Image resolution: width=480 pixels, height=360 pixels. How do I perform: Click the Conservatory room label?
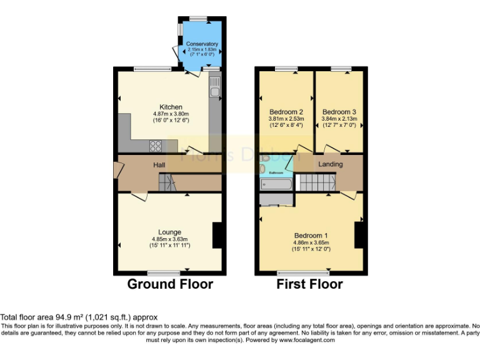(x=202, y=44)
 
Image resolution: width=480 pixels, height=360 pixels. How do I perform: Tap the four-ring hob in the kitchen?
(x=155, y=146)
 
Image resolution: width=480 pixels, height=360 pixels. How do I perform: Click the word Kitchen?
(x=171, y=107)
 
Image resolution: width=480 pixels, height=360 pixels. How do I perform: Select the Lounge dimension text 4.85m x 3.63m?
(x=170, y=239)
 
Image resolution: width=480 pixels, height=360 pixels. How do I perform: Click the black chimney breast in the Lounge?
(x=217, y=236)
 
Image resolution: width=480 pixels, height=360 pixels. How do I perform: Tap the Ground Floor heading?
(x=170, y=284)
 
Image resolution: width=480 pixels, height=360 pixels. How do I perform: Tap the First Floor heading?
(x=309, y=284)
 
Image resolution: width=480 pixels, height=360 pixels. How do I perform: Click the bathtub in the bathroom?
(x=276, y=185)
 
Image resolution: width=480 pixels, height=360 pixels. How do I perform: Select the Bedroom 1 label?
(x=311, y=236)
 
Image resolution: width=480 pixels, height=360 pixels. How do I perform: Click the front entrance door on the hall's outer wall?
(x=116, y=170)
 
